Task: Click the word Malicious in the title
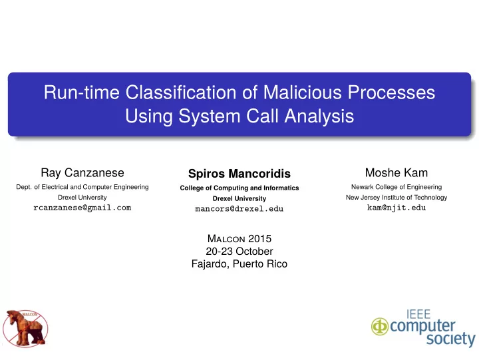tap(303, 92)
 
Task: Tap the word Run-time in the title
tap(82, 92)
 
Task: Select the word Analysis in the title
tap(319, 116)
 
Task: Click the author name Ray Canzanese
tap(82, 173)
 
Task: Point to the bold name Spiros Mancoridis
tap(239, 174)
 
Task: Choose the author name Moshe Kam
tap(397, 172)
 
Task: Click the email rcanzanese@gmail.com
tap(82, 208)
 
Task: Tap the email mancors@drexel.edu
tap(239, 209)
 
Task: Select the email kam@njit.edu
tap(397, 208)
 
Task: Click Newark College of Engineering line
tap(397, 187)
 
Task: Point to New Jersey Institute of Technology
tap(397, 198)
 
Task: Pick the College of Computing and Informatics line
tap(239, 188)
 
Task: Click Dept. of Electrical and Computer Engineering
tap(82, 187)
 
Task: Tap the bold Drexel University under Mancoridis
tap(239, 199)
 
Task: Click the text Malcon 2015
tap(239, 239)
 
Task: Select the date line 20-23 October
tap(239, 252)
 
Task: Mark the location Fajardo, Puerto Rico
tap(239, 264)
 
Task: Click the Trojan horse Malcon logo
tap(25, 329)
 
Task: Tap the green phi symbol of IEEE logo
tap(380, 326)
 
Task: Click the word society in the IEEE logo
tap(451, 339)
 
